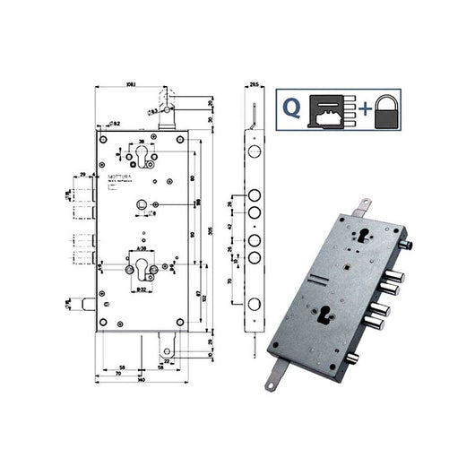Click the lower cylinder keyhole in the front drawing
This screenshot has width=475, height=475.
pyautogui.click(x=144, y=272)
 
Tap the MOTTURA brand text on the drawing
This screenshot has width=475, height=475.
pyautogui.click(x=123, y=177)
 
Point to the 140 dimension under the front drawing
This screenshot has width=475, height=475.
pyautogui.click(x=142, y=381)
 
